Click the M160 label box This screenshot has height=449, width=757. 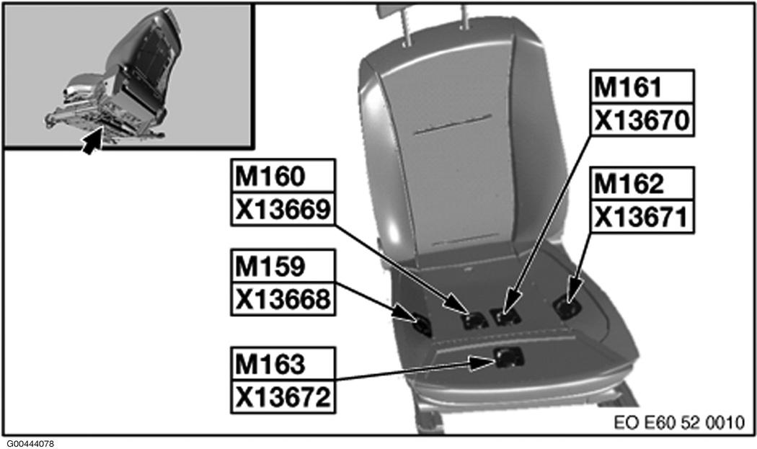(283, 175)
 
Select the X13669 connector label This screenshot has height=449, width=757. (283, 209)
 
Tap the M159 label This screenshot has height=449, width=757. (283, 267)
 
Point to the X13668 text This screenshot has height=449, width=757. (283, 299)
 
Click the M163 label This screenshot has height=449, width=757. (283, 364)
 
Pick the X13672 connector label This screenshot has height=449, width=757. (283, 396)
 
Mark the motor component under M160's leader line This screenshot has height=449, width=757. (476, 319)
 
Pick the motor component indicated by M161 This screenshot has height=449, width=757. (504, 316)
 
